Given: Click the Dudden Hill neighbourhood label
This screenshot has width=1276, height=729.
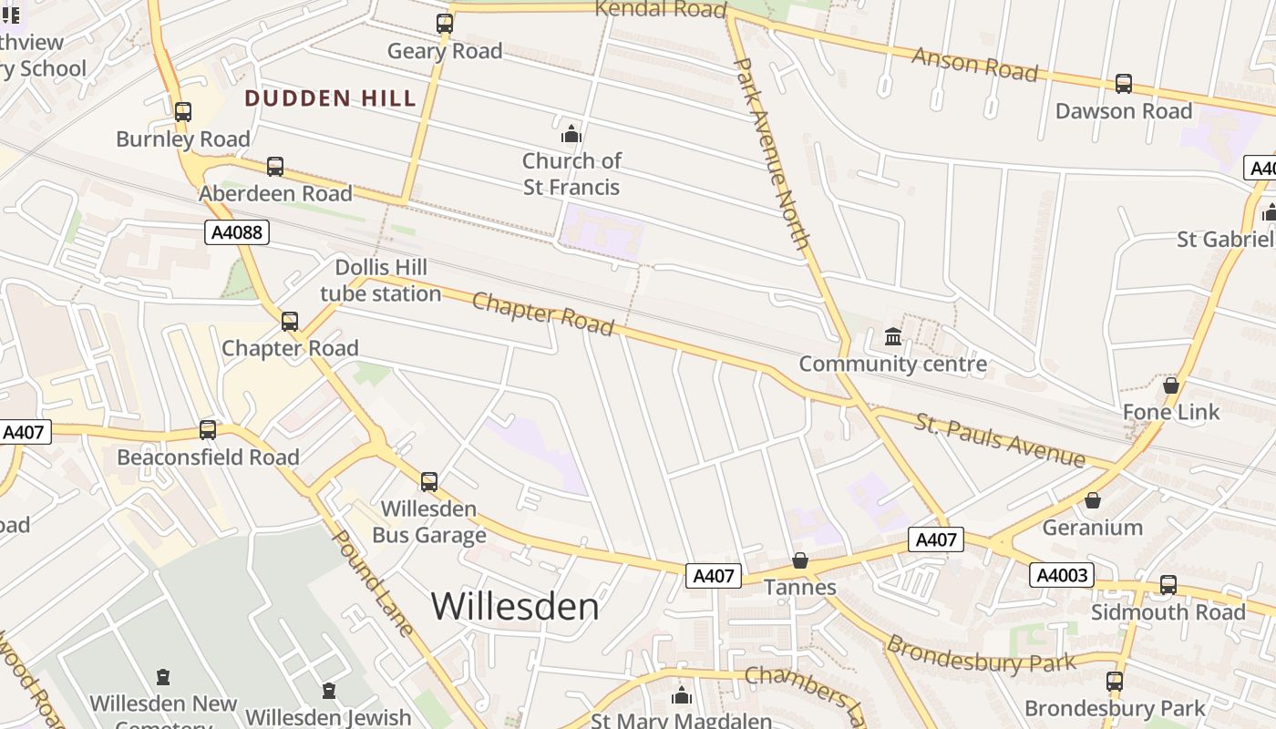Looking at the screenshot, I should coord(330,99).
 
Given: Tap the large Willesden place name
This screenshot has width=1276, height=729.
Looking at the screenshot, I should coord(515,607).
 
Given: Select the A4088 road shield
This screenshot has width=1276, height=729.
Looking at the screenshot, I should coord(236,232).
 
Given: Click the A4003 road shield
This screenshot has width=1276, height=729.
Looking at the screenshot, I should coord(1061,575).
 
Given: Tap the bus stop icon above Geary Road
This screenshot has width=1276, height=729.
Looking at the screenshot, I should coord(445,24).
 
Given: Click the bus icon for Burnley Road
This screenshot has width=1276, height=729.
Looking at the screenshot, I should coord(183,112).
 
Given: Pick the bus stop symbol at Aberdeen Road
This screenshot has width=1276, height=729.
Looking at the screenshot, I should coord(275,167).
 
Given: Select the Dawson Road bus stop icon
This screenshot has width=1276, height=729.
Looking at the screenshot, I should coord(1124,84).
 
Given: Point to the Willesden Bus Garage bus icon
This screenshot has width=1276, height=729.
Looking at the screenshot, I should coord(429,482).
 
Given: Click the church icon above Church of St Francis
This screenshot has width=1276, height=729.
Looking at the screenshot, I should coord(571,135).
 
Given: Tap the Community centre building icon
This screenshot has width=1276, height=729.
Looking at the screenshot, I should coord(893,337).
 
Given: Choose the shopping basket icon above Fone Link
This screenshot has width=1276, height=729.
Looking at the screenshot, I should coord(1171,385).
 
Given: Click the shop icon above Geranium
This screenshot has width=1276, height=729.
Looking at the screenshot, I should coord(1093,500).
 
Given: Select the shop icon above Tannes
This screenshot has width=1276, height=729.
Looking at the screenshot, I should coord(800,560).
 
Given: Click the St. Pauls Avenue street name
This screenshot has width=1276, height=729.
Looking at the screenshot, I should coord(1000,439).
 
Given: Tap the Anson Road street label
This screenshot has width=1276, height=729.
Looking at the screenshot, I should coord(974,65).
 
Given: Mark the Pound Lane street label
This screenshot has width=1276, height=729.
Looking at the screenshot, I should coord(374,583).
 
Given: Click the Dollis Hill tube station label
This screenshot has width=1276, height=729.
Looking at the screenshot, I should coord(381,281).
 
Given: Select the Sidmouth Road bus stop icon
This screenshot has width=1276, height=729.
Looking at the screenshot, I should coord(1168,585).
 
